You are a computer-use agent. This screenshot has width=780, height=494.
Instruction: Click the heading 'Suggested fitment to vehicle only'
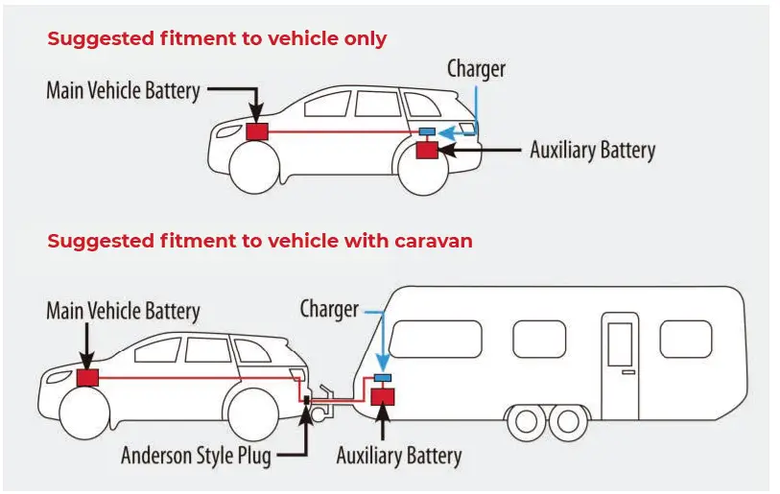pos(217,39)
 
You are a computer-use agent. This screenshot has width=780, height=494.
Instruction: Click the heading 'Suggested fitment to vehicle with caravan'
pos(259,241)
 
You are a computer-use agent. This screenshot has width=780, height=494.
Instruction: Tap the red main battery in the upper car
pos(257,131)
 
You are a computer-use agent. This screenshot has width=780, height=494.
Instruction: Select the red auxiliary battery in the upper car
pos(426,150)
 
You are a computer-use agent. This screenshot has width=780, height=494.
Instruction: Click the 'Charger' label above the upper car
pos(476,69)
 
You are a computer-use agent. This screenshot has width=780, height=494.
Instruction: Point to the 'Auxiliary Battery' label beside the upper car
pos(592,151)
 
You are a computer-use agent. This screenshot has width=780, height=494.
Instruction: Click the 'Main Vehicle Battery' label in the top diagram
pos(123,91)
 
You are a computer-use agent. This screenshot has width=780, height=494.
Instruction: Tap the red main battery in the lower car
pos(87,378)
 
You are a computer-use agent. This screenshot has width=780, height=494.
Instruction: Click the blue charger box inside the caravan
pos(385,378)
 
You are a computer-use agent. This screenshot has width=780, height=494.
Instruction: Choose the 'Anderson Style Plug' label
pos(196,456)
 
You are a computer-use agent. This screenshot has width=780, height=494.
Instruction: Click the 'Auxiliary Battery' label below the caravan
pos(398,457)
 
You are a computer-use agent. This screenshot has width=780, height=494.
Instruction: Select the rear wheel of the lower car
pos(254,412)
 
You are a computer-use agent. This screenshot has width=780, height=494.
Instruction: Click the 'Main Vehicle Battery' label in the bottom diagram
pos(123,312)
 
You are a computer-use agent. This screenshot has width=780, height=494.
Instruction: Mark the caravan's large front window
pos(435,339)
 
